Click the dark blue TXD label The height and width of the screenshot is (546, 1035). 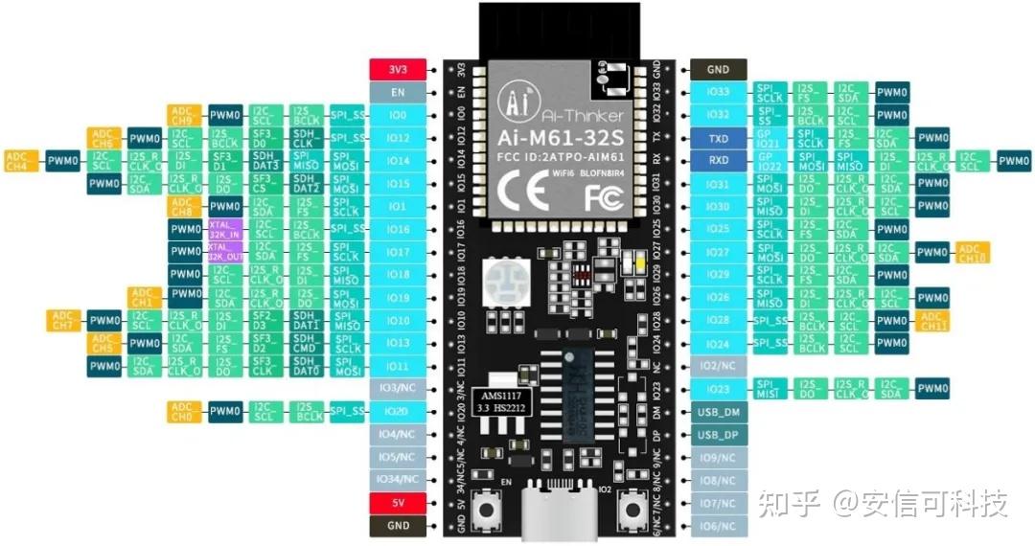[718, 138]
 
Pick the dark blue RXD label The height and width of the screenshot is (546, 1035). [718, 161]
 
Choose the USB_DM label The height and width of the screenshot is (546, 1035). [718, 412]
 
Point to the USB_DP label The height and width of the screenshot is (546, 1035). [718, 435]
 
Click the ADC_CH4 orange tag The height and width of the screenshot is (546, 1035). [22, 160]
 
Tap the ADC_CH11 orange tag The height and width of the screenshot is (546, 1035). [932, 320]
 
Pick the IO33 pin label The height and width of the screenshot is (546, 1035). [718, 92]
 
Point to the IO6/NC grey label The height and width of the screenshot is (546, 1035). [718, 526]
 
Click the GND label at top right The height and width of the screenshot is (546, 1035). [718, 69]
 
